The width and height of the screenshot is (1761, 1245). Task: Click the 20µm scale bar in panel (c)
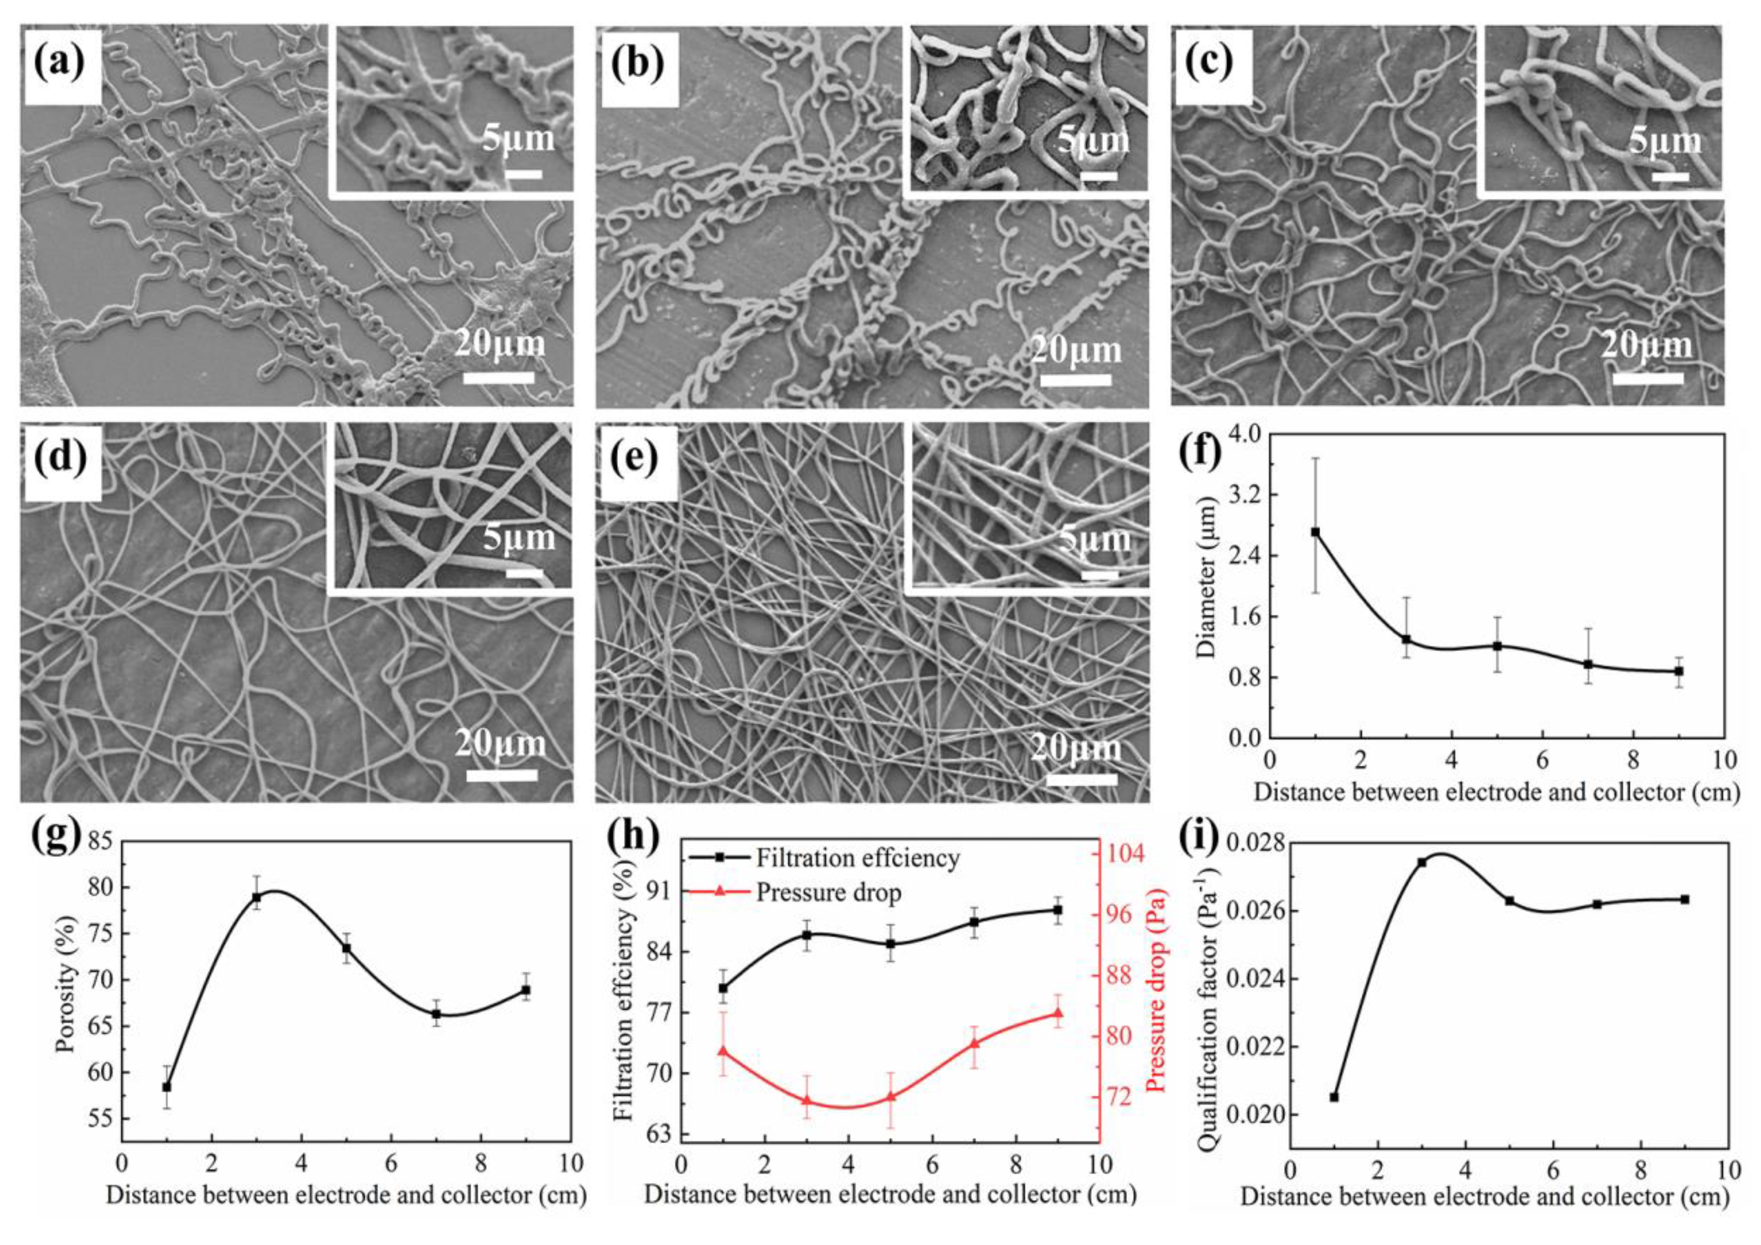pos(1647,378)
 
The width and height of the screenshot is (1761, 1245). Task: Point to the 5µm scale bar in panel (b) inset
pos(1099,176)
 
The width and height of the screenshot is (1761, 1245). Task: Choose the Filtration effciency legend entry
pos(857,857)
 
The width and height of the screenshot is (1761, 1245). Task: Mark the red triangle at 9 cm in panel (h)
pos(1058,1014)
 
